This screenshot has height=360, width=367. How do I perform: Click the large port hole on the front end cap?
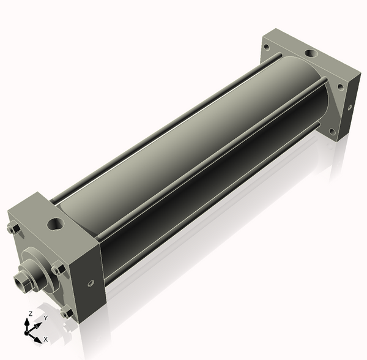[56, 224]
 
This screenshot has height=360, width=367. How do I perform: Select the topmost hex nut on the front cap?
[13, 229]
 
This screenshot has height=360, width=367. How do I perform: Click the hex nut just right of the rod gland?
[58, 269]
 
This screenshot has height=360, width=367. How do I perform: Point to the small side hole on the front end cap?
[91, 283]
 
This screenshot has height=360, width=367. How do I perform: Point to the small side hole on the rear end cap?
[350, 107]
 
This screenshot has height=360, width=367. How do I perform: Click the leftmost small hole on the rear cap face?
[266, 47]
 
